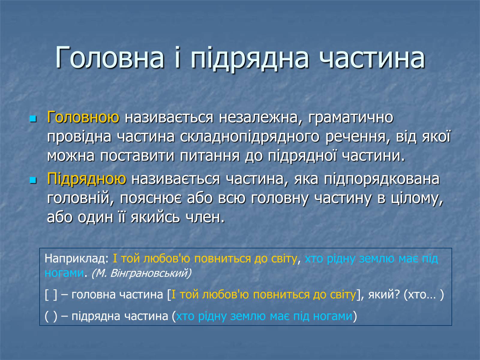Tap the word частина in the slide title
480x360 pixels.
371,58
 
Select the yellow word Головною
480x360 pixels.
83,117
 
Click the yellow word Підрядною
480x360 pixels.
87,179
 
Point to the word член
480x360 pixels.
205,218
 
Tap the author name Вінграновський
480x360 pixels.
151,273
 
